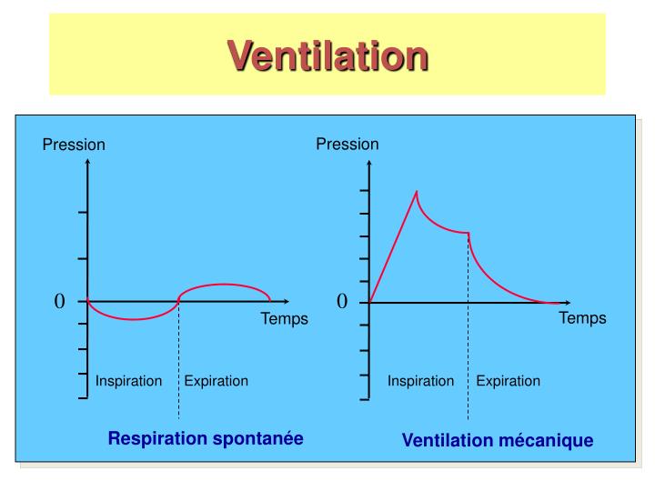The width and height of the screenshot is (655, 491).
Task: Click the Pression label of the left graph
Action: pyautogui.click(x=74, y=145)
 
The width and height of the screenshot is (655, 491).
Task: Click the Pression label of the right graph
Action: pyautogui.click(x=348, y=144)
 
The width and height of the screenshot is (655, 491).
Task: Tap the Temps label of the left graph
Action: pyautogui.click(x=285, y=318)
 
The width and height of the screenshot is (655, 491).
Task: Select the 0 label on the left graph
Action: pyautogui.click(x=60, y=301)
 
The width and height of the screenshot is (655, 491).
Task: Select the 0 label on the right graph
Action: pyautogui.click(x=342, y=301)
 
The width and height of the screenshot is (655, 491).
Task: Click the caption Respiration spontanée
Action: pyautogui.click(x=206, y=438)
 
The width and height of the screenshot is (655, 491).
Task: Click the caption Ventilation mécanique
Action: pyautogui.click(x=498, y=440)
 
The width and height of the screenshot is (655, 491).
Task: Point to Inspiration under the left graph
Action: pyautogui.click(x=128, y=381)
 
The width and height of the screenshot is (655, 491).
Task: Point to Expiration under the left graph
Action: pyautogui.click(x=216, y=381)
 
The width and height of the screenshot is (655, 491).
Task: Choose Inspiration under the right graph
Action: pyautogui.click(x=420, y=381)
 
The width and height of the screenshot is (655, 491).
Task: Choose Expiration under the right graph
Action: pyautogui.click(x=508, y=381)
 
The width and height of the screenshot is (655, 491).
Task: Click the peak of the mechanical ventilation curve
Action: pyautogui.click(x=417, y=192)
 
